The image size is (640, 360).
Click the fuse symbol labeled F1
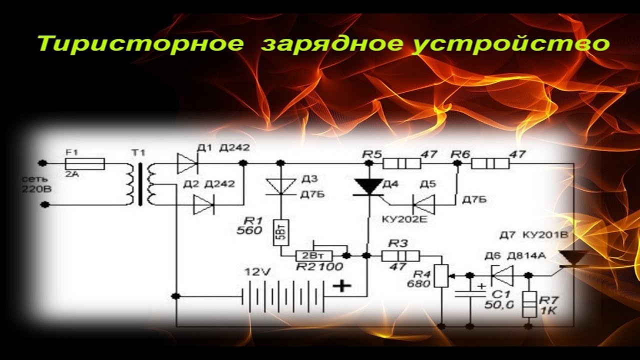(85, 163)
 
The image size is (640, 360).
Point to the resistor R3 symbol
(400, 255)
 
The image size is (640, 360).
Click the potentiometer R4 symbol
(441, 275)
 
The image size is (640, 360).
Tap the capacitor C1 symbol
(470, 294)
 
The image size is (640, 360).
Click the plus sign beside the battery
(342, 286)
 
